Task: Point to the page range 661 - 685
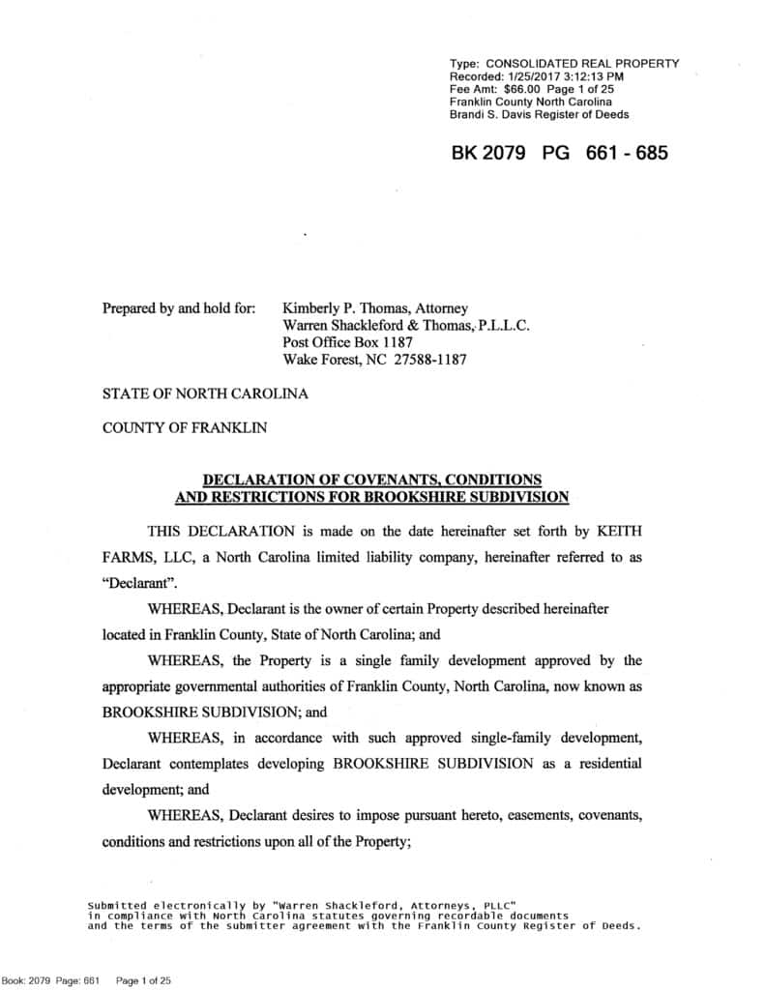coord(627,154)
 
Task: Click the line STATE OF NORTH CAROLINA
coord(205,394)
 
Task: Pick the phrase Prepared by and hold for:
coord(179,308)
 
